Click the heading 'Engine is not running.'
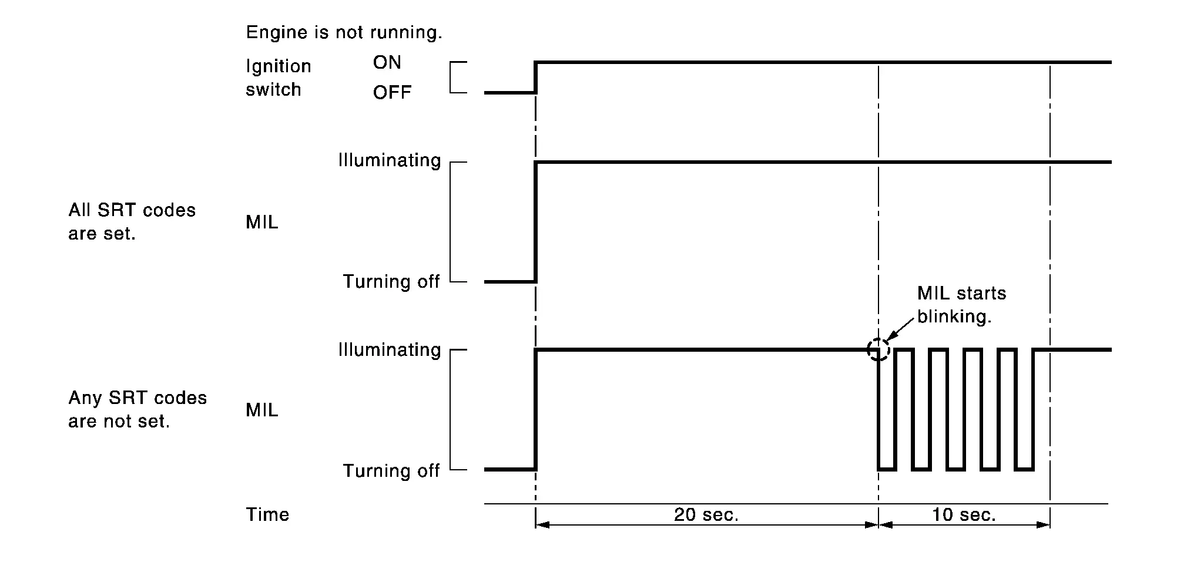coord(344,32)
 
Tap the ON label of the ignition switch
coord(387,62)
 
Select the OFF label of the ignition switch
coord(393,92)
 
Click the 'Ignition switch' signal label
coord(279,78)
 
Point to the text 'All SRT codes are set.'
coord(132,221)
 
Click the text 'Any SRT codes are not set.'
coord(138,409)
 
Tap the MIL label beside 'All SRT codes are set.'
coord(262,222)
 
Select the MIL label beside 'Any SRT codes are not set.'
coord(262,410)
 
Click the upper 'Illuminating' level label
coord(390,160)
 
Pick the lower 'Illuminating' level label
coord(390,350)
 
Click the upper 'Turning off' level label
coord(391,281)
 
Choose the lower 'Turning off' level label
coord(391,470)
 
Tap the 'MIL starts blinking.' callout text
coord(962,305)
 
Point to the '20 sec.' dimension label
coord(706,515)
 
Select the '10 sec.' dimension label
coord(964,515)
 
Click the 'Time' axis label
coord(267,514)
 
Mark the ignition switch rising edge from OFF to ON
coord(535,77)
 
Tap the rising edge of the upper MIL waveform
coord(535,222)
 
